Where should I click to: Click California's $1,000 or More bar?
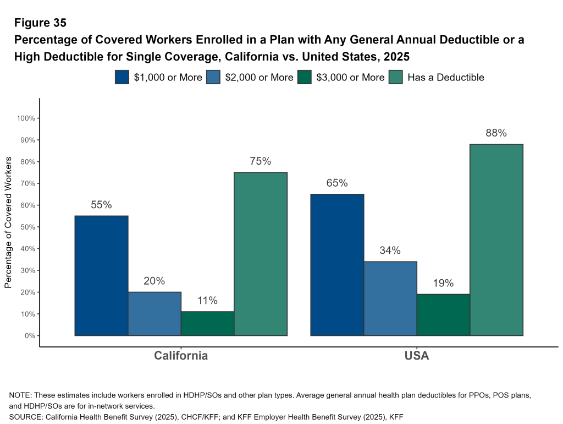(101, 275)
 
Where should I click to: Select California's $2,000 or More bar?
(154, 313)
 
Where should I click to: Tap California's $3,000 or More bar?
(207, 323)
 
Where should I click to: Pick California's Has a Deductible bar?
(261, 254)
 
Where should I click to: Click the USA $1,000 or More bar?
(337, 264)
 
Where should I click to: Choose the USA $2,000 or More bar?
(390, 298)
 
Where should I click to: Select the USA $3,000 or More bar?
(443, 314)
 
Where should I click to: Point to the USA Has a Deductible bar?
(496, 240)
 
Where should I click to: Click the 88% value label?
(496, 133)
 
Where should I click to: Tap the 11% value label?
(207, 300)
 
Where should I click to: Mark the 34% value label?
(390, 251)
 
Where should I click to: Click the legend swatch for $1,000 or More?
(122, 77)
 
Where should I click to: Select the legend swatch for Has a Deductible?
(396, 77)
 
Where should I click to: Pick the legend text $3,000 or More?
(350, 77)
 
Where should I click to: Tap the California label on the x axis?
(181, 356)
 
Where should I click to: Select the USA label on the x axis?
(417, 356)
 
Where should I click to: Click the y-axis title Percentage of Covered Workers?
(8, 222)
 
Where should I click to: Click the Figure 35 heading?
(40, 23)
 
